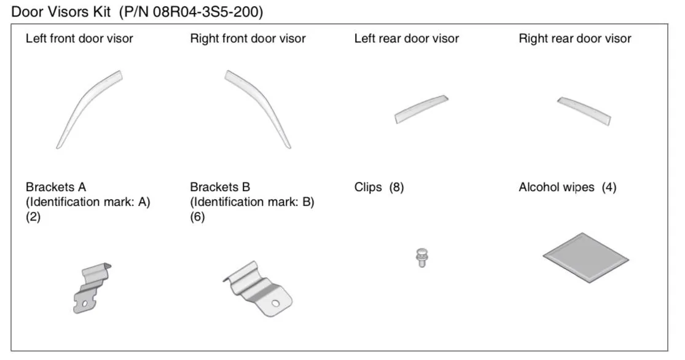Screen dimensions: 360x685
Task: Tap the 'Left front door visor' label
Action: [x=79, y=39]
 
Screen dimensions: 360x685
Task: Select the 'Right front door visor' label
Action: [x=248, y=39]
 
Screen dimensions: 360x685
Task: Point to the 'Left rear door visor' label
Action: [x=407, y=39]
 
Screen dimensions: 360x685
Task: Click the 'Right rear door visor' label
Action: [x=575, y=39]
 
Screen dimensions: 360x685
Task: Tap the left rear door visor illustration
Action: [x=421, y=109]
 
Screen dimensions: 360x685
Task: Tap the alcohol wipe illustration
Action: [x=586, y=256]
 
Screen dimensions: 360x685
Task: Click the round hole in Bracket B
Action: [x=276, y=302]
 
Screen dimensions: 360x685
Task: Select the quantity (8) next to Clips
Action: [x=395, y=187]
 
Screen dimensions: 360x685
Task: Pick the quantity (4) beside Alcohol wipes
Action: [x=609, y=187]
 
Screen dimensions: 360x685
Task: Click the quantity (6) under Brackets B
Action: [x=197, y=217]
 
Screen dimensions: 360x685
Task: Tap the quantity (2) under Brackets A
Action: [x=33, y=217]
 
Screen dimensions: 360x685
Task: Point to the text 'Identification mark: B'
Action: [x=252, y=202]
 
